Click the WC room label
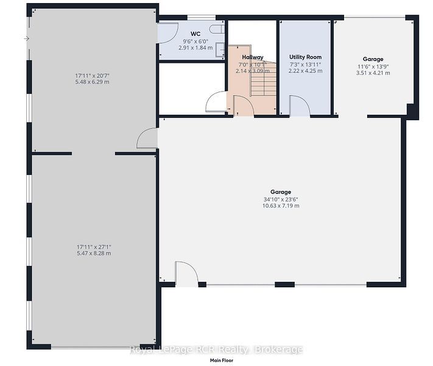point(195,34)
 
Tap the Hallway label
point(253,57)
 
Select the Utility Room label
point(306,57)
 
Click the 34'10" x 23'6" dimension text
point(281,199)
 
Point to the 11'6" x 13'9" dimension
point(373,66)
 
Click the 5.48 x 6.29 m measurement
point(92,82)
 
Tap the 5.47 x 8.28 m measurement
point(94,253)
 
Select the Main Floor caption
point(222,361)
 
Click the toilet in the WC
point(217,29)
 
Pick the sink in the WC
point(220,50)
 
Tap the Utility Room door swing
point(300,106)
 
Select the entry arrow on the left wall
point(27,38)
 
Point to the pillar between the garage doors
point(285,284)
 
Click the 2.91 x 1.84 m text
point(195,48)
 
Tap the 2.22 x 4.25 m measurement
point(306,71)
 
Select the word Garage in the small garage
point(373,59)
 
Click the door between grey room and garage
point(147,138)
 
